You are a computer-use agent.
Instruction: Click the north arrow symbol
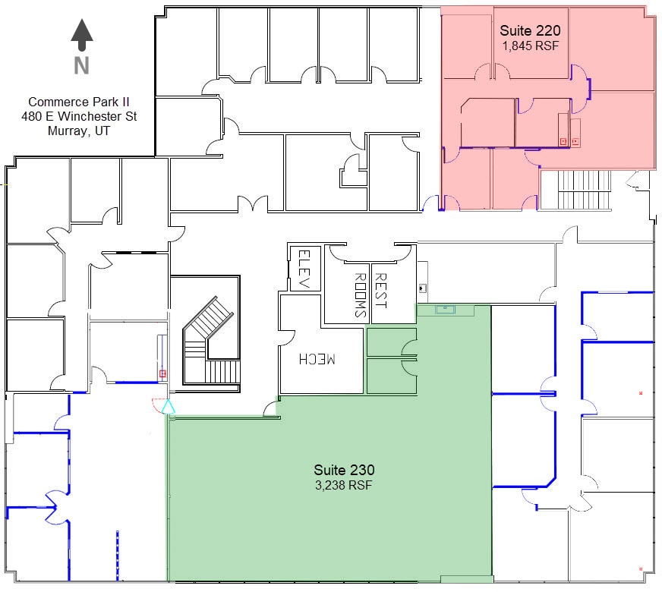pos(82,35)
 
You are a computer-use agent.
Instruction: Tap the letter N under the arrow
pos(82,66)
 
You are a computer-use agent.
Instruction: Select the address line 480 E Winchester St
pos(78,116)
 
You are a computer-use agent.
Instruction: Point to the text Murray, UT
pos(78,130)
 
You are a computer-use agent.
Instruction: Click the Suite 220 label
pos(530,31)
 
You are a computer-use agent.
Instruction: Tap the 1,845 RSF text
pos(530,46)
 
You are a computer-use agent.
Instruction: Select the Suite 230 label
pos(344,471)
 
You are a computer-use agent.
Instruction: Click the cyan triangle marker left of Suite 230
pos(169,408)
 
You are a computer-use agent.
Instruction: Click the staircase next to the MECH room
pos(211,342)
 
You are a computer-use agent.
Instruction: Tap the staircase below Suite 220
pos(585,190)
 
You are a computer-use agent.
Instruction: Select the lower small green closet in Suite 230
pos(390,376)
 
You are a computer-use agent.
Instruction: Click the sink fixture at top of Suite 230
pos(445,310)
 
